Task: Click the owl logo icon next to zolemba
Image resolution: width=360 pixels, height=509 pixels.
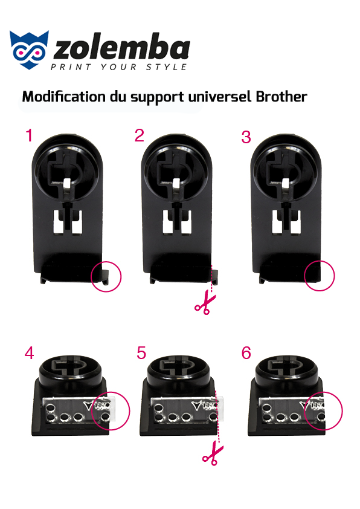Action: pyautogui.click(x=29, y=50)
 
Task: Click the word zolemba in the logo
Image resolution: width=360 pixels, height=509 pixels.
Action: pyautogui.click(x=121, y=48)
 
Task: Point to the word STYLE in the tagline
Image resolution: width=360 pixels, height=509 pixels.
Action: pyautogui.click(x=166, y=67)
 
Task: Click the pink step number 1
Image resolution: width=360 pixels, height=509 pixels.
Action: pyautogui.click(x=29, y=135)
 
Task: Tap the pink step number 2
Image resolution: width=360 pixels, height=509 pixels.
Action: pyautogui.click(x=139, y=135)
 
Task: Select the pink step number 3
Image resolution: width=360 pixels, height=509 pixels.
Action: pyautogui.click(x=246, y=137)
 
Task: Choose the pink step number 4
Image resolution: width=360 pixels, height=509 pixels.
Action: pyautogui.click(x=29, y=353)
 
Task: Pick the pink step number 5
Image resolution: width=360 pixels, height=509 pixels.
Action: pyautogui.click(x=141, y=353)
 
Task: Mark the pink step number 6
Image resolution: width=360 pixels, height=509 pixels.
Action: pyautogui.click(x=246, y=353)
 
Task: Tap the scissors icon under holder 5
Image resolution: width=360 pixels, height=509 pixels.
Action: pyautogui.click(x=213, y=455)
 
